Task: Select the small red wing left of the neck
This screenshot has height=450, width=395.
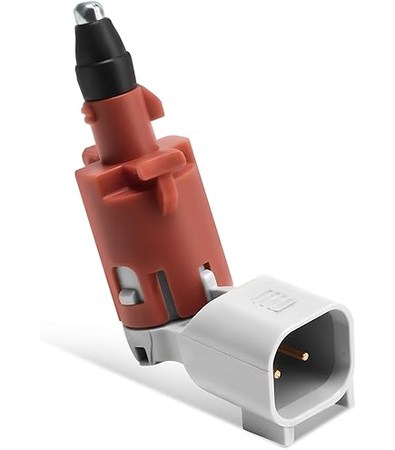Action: pos(93,113)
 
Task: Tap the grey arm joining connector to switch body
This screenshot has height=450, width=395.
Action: pos(204,327)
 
